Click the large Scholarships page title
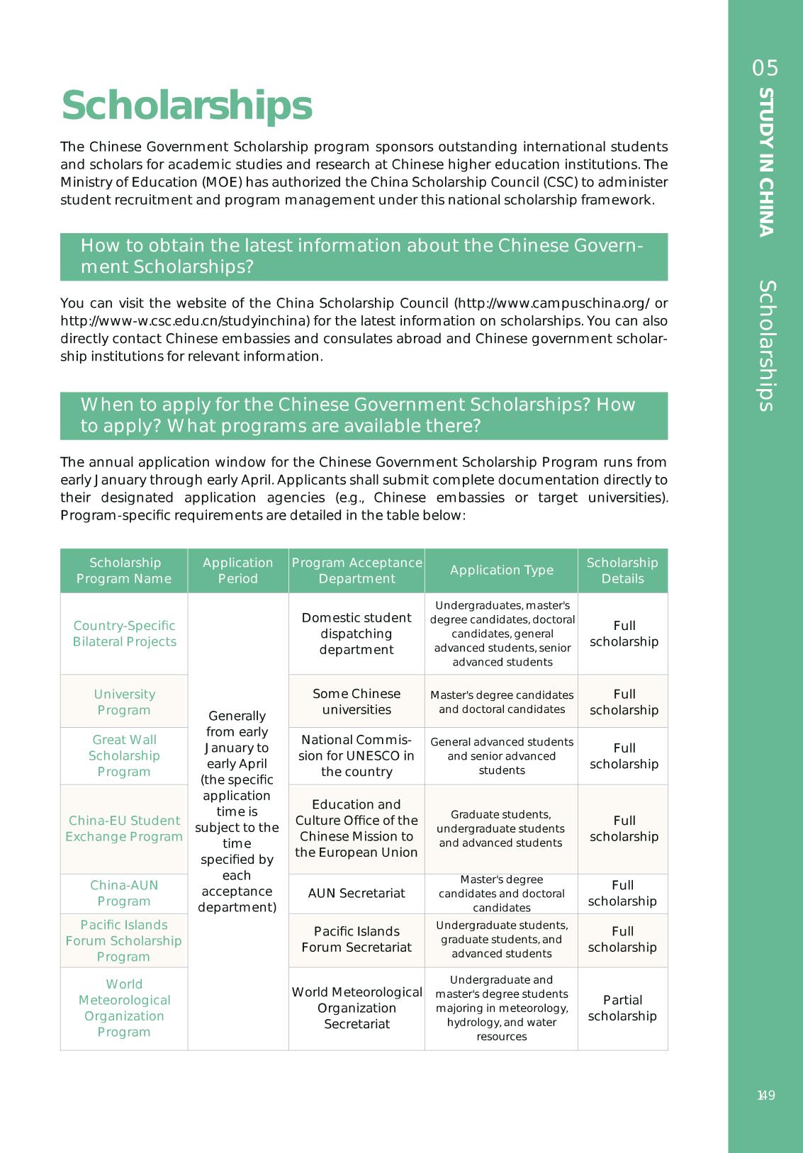click(x=186, y=106)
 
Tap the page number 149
click(x=765, y=1095)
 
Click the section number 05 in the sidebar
click(x=765, y=68)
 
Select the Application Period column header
click(x=237, y=570)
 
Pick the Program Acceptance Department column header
click(x=356, y=570)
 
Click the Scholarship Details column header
click(x=622, y=570)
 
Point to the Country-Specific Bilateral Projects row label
click(x=124, y=634)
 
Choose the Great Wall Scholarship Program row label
click(x=124, y=755)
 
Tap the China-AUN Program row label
click(x=124, y=893)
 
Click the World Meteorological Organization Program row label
click(x=124, y=1008)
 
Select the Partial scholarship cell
click(x=622, y=1008)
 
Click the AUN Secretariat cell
click(x=356, y=893)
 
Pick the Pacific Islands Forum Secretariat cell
click(x=356, y=939)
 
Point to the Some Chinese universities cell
click(x=356, y=702)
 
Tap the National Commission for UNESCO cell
click(x=356, y=755)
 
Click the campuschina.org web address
click(x=553, y=303)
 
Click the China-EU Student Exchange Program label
click(x=124, y=828)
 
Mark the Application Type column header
click(x=501, y=570)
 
